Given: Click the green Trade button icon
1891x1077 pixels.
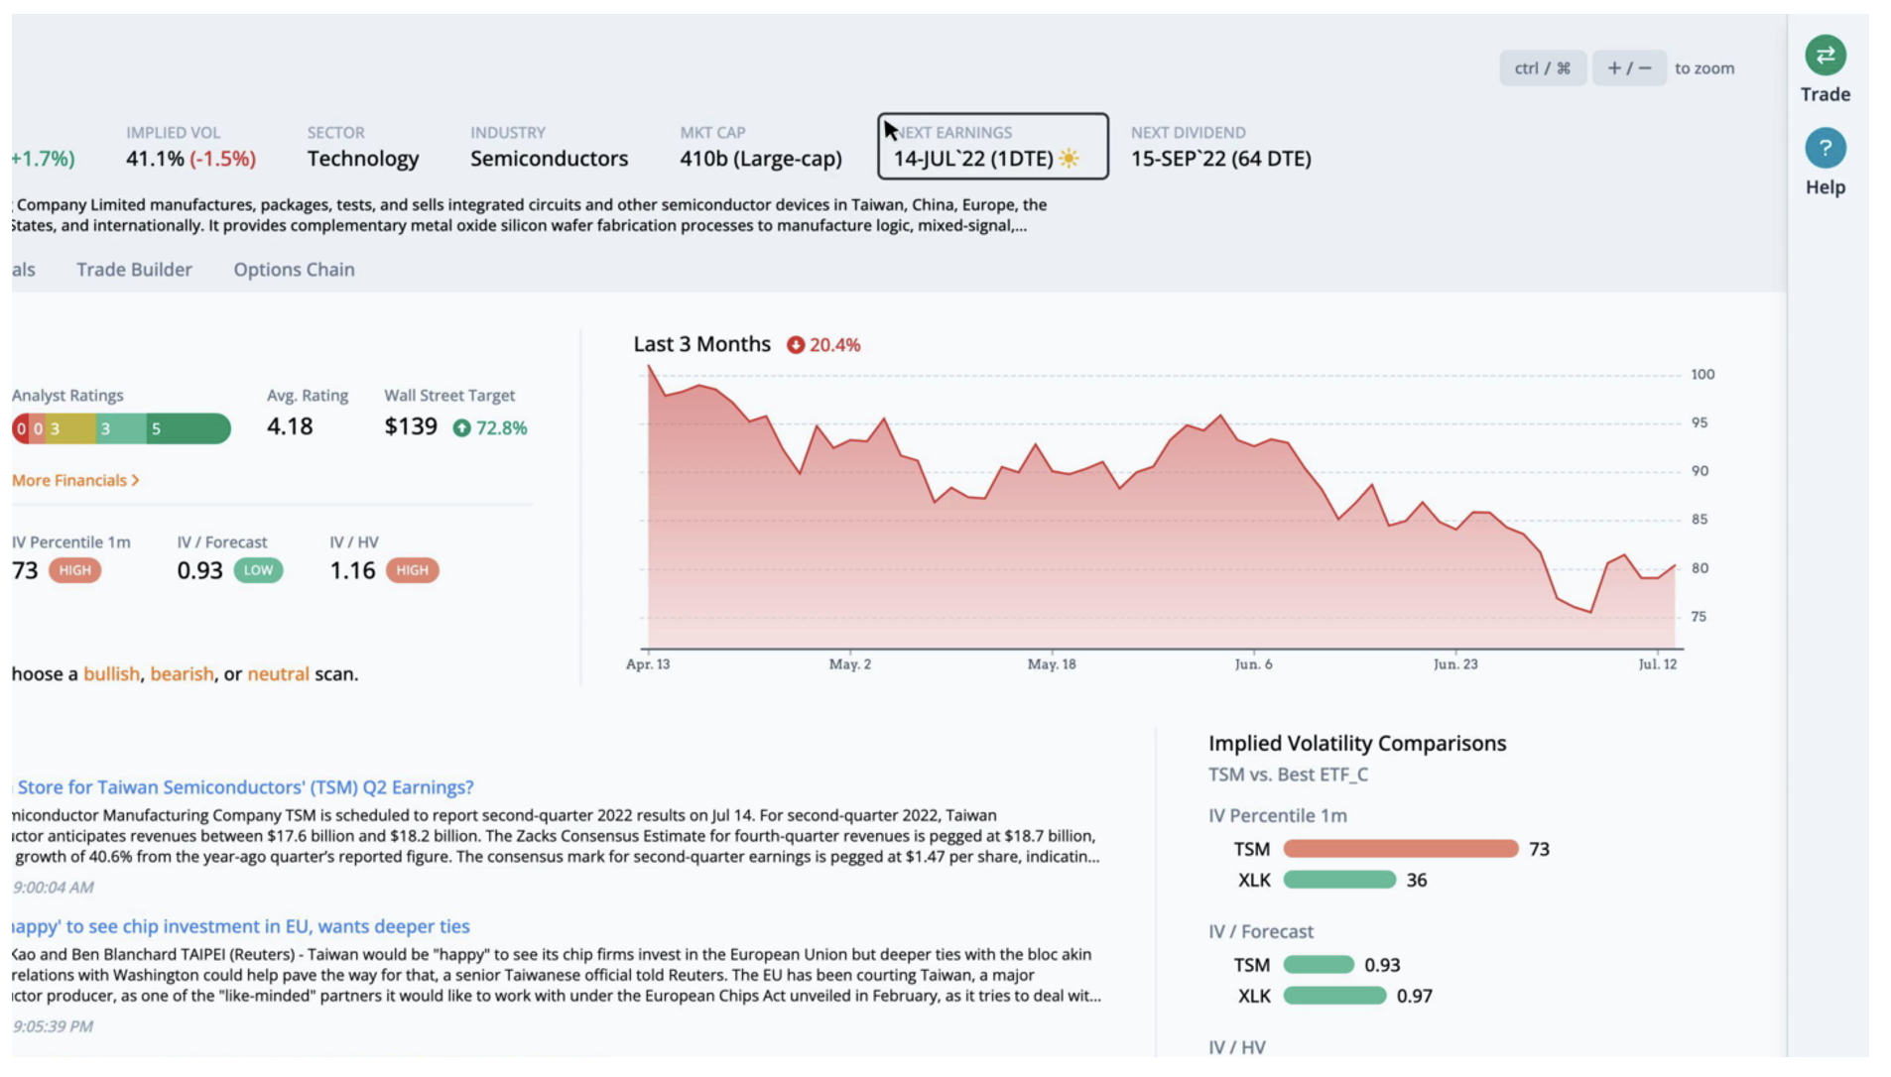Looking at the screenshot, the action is click(1825, 56).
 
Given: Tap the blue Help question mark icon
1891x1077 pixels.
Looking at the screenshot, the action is click(1825, 149).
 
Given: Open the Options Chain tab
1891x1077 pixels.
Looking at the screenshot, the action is click(294, 270).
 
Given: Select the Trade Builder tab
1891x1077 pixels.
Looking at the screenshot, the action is click(134, 270).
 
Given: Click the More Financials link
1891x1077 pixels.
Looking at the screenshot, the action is click(75, 480).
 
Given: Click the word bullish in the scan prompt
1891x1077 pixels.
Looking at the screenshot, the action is click(111, 674).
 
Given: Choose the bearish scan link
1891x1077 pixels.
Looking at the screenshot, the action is click(182, 674).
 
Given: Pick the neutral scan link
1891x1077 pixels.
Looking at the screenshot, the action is click(278, 674).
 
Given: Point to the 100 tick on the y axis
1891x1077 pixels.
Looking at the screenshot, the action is click(1702, 375).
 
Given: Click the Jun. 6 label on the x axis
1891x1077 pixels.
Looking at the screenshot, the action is click(1253, 664).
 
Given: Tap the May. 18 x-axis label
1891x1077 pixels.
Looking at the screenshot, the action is click(1052, 664).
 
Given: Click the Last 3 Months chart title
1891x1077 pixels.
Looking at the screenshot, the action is click(701, 344).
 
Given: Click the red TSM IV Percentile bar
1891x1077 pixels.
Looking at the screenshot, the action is click(1400, 849).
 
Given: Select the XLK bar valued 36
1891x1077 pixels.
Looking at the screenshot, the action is click(1339, 880).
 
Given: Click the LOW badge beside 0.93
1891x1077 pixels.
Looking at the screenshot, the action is click(258, 570).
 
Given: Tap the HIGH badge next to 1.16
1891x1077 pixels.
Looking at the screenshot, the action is click(412, 570).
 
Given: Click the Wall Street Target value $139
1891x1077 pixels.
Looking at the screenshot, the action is click(411, 426).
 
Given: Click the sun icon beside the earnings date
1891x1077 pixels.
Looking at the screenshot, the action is click(1069, 159).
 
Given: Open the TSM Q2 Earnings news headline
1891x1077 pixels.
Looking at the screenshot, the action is click(245, 787).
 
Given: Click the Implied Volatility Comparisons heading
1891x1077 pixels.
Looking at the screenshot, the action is click(1357, 744).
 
